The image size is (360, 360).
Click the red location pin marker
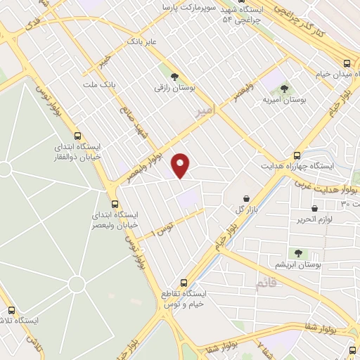(181, 165)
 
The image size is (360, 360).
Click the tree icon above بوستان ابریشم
(297, 252)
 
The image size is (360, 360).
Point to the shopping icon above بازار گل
(245, 199)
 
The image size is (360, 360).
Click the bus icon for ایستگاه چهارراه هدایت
(298, 155)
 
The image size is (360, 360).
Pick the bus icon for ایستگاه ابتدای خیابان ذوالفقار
(77, 136)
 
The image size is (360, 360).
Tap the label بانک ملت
(98, 85)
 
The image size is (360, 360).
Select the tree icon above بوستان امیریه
(285, 89)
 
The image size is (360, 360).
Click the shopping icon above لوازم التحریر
(314, 208)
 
